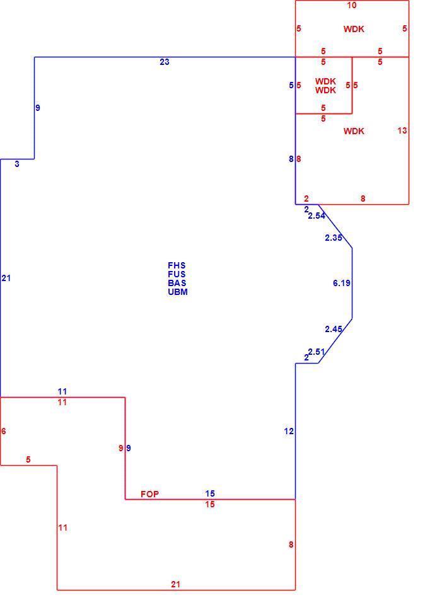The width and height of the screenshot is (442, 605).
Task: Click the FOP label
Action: point(149,494)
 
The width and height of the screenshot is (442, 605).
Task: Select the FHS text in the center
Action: point(177,265)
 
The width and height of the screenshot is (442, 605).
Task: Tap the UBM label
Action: point(178,292)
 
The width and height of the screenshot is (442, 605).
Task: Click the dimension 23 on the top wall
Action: point(165,62)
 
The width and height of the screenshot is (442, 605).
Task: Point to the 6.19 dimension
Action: point(342,283)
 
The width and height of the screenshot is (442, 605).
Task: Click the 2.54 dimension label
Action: point(317,216)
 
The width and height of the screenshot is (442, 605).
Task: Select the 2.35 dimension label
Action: point(334,238)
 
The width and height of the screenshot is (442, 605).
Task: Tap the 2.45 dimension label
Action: point(334,329)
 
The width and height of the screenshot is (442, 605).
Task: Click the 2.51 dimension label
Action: point(317,352)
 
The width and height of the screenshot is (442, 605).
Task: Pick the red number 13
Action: point(402,130)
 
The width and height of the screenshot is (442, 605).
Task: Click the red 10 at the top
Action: point(352,6)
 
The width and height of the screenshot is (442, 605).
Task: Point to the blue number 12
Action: point(289,431)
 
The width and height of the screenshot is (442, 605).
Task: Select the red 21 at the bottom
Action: point(175,585)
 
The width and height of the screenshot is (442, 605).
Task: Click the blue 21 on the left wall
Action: point(6,278)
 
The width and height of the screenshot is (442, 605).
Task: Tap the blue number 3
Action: point(17,164)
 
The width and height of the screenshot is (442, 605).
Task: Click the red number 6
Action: point(4,431)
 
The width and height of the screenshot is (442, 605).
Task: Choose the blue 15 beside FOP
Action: point(210,493)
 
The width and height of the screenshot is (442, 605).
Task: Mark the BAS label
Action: point(177,283)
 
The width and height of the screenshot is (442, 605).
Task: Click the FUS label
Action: point(177,274)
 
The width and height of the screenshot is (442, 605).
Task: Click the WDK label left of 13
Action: point(354,131)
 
